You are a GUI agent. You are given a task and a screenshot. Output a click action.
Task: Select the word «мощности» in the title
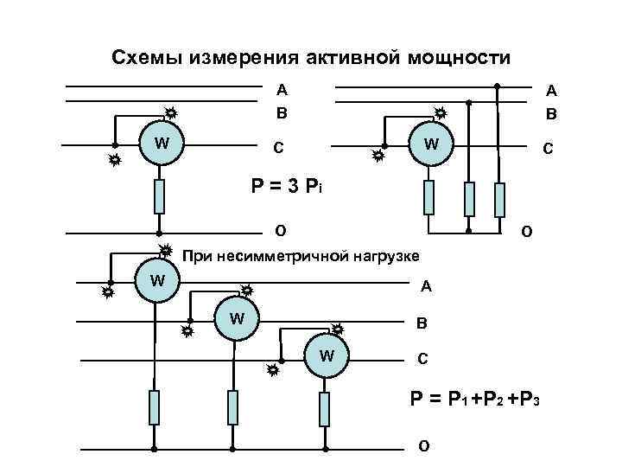click(x=466, y=58)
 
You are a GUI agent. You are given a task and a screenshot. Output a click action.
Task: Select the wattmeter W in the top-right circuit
click(x=428, y=144)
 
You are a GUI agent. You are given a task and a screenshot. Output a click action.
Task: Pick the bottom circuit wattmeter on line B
click(x=237, y=319)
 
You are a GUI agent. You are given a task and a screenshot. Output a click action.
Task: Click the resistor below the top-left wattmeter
click(x=159, y=196)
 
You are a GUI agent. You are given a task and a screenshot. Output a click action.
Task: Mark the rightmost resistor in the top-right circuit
click(x=498, y=199)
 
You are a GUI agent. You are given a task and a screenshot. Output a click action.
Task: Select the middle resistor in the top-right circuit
click(x=468, y=199)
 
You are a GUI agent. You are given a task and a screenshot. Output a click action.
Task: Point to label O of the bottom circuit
click(x=422, y=446)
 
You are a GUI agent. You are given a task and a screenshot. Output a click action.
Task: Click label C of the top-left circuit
click(x=278, y=147)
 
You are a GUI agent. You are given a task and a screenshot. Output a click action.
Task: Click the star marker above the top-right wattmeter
click(x=440, y=113)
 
